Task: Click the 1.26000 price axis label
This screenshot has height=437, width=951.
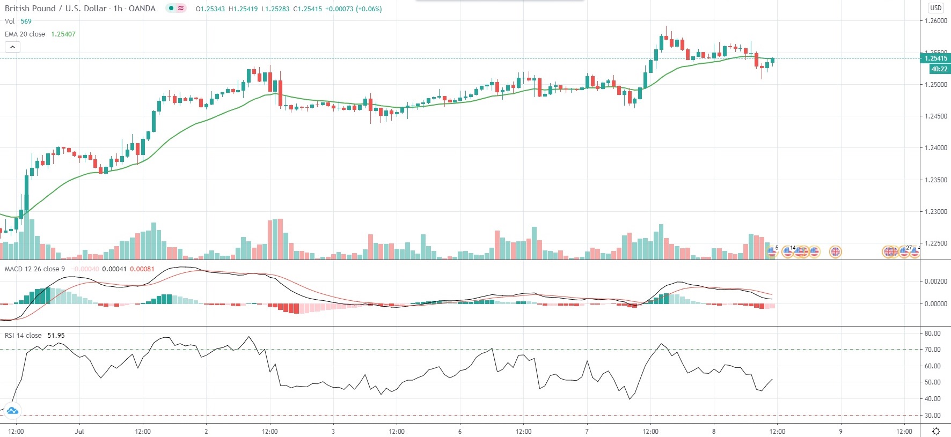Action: point(935,21)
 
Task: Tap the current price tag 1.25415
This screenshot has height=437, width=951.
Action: point(935,58)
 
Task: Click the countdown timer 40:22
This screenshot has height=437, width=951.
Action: point(939,69)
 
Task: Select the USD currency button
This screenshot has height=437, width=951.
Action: point(935,8)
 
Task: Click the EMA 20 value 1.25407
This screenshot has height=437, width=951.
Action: point(63,34)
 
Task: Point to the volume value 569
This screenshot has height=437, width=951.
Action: point(26,21)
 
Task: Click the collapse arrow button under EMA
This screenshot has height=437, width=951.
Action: point(12,47)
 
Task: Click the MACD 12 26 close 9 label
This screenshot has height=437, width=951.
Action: point(35,269)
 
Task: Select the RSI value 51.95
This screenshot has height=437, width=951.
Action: point(56,335)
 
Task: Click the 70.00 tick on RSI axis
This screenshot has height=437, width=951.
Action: point(932,349)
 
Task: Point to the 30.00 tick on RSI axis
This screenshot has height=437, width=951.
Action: point(932,415)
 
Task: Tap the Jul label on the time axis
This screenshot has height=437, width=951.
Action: point(79,431)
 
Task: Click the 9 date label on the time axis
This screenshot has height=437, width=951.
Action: point(840,431)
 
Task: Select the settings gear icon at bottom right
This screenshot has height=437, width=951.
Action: point(936,431)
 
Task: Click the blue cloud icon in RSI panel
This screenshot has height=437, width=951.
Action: point(12,411)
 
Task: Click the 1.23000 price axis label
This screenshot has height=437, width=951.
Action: point(935,211)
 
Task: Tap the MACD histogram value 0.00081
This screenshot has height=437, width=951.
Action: point(142,269)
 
